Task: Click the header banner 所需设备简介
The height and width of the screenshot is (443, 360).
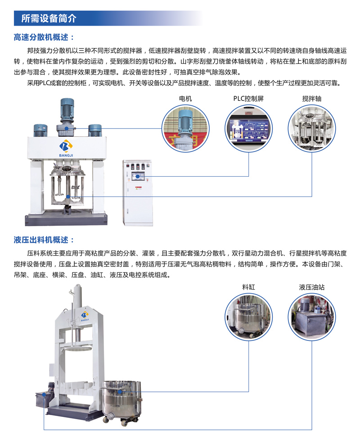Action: point(49,18)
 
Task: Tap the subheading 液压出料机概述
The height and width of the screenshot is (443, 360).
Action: point(44,240)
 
